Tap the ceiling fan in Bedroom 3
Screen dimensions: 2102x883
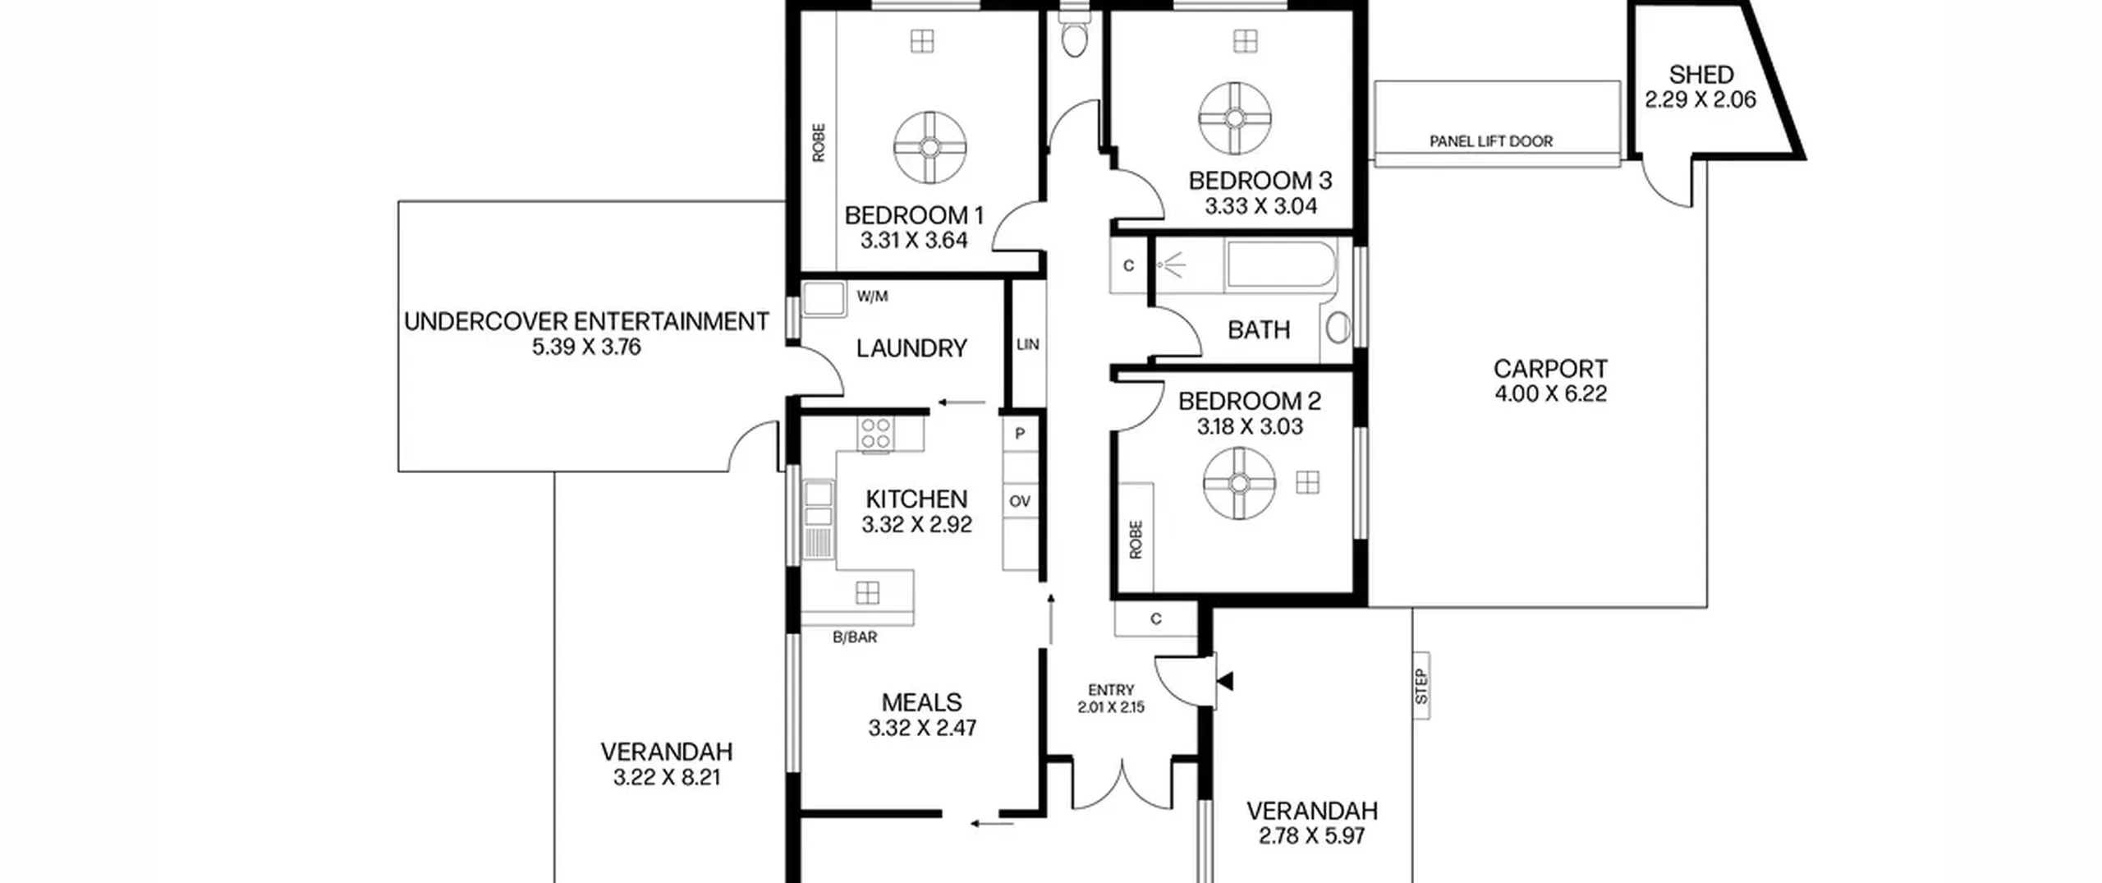pos(1235,118)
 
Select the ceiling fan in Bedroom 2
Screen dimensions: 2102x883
pos(1239,483)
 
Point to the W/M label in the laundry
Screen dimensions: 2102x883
pos(872,297)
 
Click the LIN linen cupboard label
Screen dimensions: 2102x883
pos(1028,345)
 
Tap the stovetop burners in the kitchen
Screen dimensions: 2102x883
pos(875,433)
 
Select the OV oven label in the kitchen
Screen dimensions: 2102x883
pos(1020,501)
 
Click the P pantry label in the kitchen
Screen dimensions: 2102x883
pos(1020,434)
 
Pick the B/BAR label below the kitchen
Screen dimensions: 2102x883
pos(855,637)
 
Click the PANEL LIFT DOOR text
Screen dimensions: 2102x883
pos(1491,141)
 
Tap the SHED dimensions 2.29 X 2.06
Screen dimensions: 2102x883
pos(1700,100)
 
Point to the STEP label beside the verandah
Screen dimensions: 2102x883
pos(1421,687)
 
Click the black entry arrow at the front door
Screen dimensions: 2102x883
pos(1225,681)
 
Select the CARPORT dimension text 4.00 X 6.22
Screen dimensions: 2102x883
pos(1550,394)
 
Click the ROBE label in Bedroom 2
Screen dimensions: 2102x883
pos(1136,540)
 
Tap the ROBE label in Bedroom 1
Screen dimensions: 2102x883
pos(819,143)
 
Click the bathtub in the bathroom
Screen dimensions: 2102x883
pos(1281,264)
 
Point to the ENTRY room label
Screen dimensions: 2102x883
pos(1111,691)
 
